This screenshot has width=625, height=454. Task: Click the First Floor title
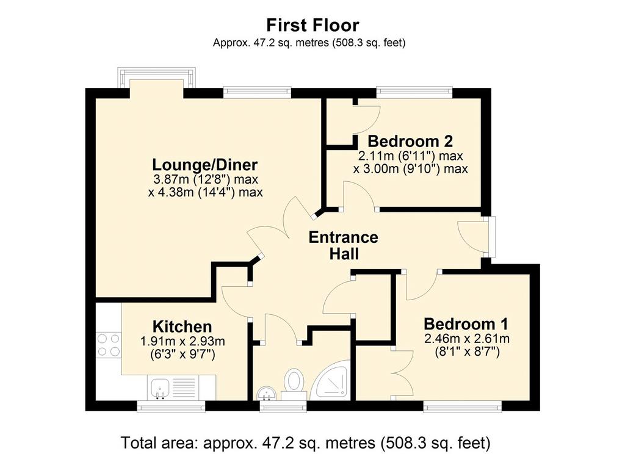(312, 25)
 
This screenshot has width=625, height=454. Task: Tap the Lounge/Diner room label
(205, 165)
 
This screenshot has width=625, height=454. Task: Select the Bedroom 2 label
(410, 141)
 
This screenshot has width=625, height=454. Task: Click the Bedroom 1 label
(466, 323)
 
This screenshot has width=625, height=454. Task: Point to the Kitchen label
(182, 326)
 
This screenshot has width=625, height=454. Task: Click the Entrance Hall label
(344, 245)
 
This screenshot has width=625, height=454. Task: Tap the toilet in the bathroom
(294, 384)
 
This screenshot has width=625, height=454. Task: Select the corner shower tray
(330, 380)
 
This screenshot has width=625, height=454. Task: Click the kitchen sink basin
(160, 388)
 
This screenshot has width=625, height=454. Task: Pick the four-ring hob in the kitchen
(109, 345)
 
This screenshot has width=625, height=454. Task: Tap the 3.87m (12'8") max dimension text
(206, 179)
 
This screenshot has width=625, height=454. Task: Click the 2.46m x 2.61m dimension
(467, 339)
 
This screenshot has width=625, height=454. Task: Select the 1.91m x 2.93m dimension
(182, 342)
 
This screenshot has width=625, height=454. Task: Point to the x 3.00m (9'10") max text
(411, 169)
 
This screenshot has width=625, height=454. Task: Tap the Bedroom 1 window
(463, 406)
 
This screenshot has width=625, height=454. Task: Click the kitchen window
(171, 406)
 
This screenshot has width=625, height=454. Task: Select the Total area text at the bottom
(305, 442)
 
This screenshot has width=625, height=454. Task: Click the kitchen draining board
(184, 388)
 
